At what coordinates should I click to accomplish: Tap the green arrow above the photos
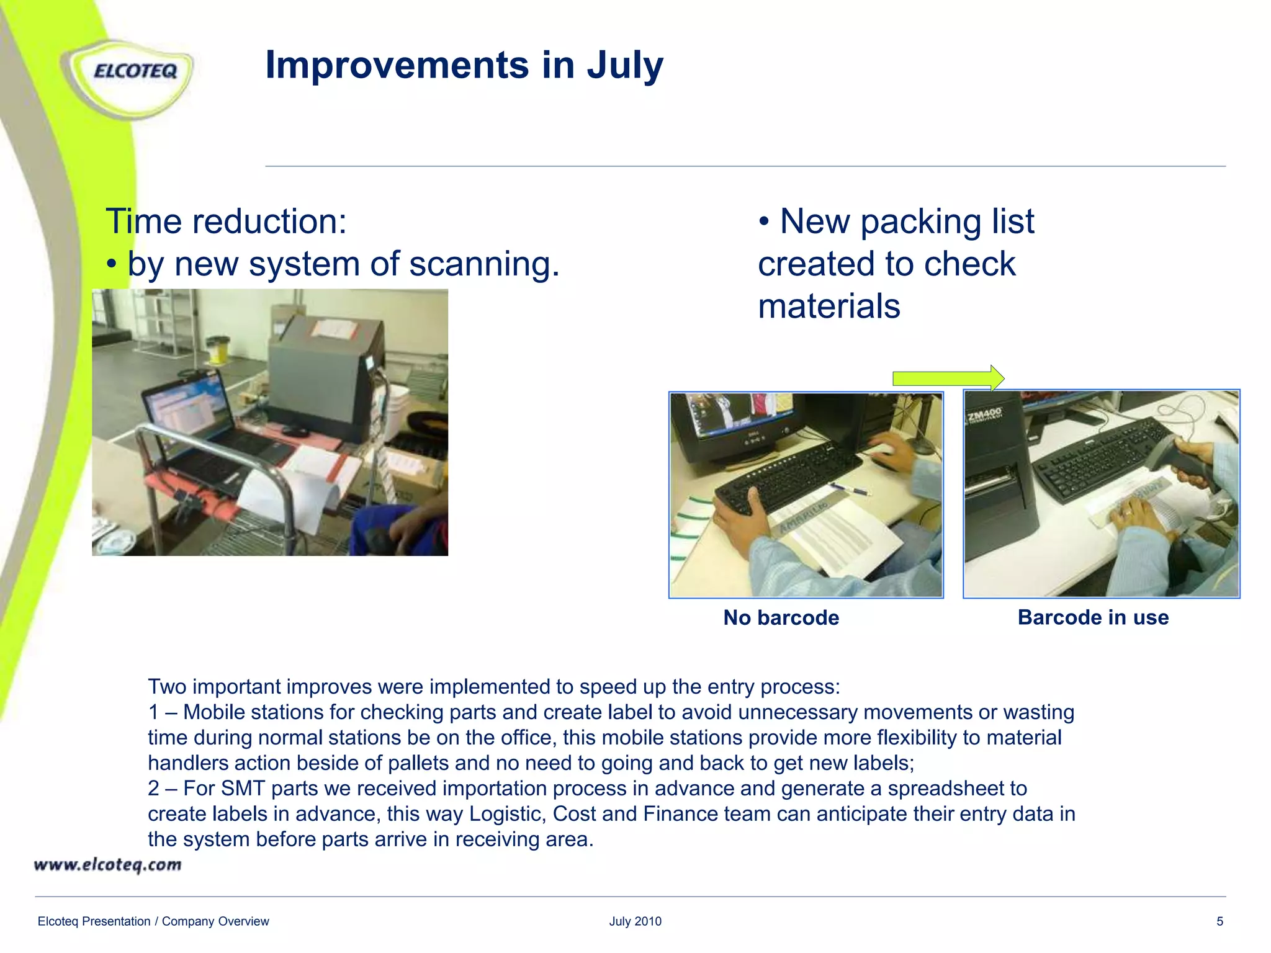pos(947,378)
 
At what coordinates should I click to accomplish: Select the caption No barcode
pos(781,618)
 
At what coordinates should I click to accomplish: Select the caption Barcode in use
pos(1093,617)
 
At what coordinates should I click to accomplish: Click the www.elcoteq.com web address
pos(107,865)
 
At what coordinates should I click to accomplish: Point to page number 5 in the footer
pos(1219,921)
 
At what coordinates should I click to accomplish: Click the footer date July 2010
pos(635,921)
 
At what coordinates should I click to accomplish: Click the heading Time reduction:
pos(226,221)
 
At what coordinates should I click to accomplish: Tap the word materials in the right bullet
pos(829,306)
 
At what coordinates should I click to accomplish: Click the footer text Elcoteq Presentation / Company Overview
pos(153,921)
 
